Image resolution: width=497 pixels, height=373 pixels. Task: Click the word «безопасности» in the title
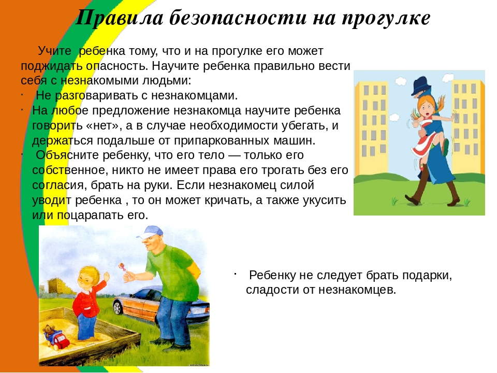coord(238,18)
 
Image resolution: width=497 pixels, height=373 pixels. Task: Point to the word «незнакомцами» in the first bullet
coord(194,95)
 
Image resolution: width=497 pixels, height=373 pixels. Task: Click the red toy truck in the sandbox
coord(60,339)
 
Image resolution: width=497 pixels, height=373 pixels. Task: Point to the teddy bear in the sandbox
coord(49,332)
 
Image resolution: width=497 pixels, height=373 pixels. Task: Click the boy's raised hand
coord(106,278)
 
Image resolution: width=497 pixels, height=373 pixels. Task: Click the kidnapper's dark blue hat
coord(420,85)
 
